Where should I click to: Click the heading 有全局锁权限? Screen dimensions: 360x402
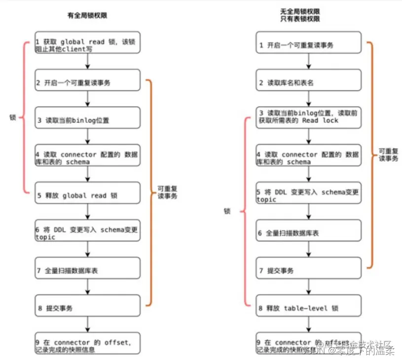pos(87,15)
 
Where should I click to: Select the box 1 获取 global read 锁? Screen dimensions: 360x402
pos(87,42)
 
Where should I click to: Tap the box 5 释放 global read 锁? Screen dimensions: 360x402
pos(87,195)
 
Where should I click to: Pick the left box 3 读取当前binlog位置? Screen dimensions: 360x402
pos(87,119)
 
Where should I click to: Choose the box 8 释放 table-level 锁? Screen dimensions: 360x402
pos(308,308)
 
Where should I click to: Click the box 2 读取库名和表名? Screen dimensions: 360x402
pos(308,82)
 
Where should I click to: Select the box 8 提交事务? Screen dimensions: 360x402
pos(87,308)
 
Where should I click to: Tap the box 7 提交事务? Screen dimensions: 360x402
pos(308,271)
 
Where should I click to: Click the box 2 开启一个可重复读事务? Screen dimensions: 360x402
pos(87,82)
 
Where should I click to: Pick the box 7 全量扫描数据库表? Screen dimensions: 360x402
pos(87,271)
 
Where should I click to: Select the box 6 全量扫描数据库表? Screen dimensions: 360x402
pos(308,232)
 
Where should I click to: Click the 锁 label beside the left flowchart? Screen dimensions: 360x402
pos(13,118)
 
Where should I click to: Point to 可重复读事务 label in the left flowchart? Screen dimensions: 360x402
pos(167,192)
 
